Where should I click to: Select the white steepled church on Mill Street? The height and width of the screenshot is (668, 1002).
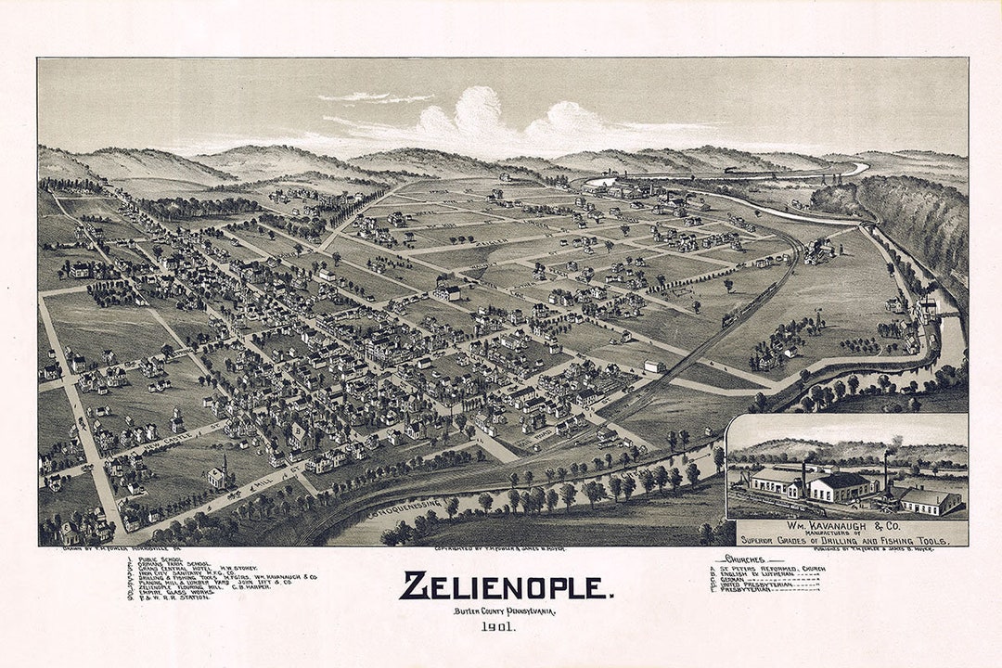click(219, 475)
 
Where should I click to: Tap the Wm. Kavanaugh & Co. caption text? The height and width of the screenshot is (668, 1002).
click(846, 525)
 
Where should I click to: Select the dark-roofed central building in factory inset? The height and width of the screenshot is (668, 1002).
click(840, 485)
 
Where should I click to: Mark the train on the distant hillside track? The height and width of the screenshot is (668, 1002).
click(734, 171)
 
